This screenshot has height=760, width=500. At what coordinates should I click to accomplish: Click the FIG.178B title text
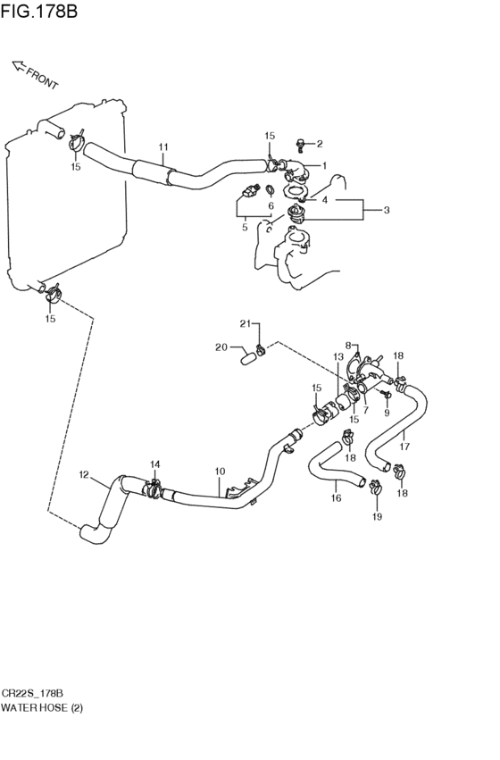[x=39, y=11]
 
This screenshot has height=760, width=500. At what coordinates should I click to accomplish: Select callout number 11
[x=162, y=146]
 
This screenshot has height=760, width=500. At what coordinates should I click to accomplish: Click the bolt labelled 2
[x=300, y=144]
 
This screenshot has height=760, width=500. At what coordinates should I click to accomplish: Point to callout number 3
[x=386, y=210]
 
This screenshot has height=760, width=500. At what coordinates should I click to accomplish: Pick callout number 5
[x=245, y=226]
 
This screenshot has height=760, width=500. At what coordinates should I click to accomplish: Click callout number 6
[x=271, y=206]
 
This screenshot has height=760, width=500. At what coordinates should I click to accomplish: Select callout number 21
[x=246, y=323]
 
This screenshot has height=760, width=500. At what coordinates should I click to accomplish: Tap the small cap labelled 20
[x=248, y=359]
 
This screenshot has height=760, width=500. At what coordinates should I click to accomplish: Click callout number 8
[x=348, y=345]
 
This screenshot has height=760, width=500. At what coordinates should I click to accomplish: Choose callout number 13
[x=338, y=357]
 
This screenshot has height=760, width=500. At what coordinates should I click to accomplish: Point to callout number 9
[x=387, y=413]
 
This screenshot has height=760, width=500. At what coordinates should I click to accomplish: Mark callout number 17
[x=404, y=447]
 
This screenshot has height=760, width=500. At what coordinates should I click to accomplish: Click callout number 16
[x=337, y=497]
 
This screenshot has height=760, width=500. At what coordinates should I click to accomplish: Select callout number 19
[x=377, y=517]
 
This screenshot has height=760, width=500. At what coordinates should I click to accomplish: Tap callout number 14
[x=155, y=464]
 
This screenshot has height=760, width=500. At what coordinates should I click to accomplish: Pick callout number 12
[x=84, y=474]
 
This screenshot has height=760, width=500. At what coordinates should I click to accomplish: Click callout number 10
[x=220, y=472]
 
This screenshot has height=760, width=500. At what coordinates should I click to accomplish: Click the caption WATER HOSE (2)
[x=42, y=708]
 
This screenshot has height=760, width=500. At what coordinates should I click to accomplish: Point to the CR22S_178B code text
[x=32, y=694]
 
